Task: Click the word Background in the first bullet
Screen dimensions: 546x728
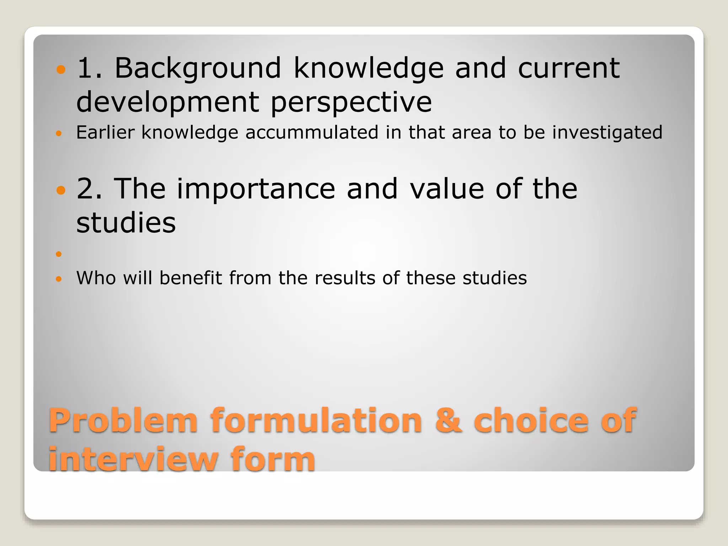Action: [198, 68]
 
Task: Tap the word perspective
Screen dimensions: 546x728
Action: [351, 102]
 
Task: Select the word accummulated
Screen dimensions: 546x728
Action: [312, 132]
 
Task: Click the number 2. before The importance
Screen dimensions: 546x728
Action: [89, 189]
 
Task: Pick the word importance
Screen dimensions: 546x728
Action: [256, 189]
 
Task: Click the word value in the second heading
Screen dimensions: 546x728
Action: [447, 189]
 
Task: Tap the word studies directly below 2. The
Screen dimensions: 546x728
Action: [126, 223]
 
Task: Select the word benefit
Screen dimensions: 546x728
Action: [191, 278]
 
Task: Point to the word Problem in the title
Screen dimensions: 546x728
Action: [123, 421]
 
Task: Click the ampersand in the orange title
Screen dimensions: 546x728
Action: [449, 421]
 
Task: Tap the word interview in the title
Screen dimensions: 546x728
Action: [133, 459]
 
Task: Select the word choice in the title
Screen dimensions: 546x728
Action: [531, 421]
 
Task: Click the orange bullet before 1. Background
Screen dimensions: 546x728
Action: [61, 69]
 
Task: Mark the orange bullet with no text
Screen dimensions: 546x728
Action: [59, 254]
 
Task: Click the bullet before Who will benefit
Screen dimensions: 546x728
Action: [59, 279]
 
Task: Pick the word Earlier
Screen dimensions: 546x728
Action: [105, 132]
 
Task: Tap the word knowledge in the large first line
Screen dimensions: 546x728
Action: [369, 68]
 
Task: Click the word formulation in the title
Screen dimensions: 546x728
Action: [316, 421]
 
